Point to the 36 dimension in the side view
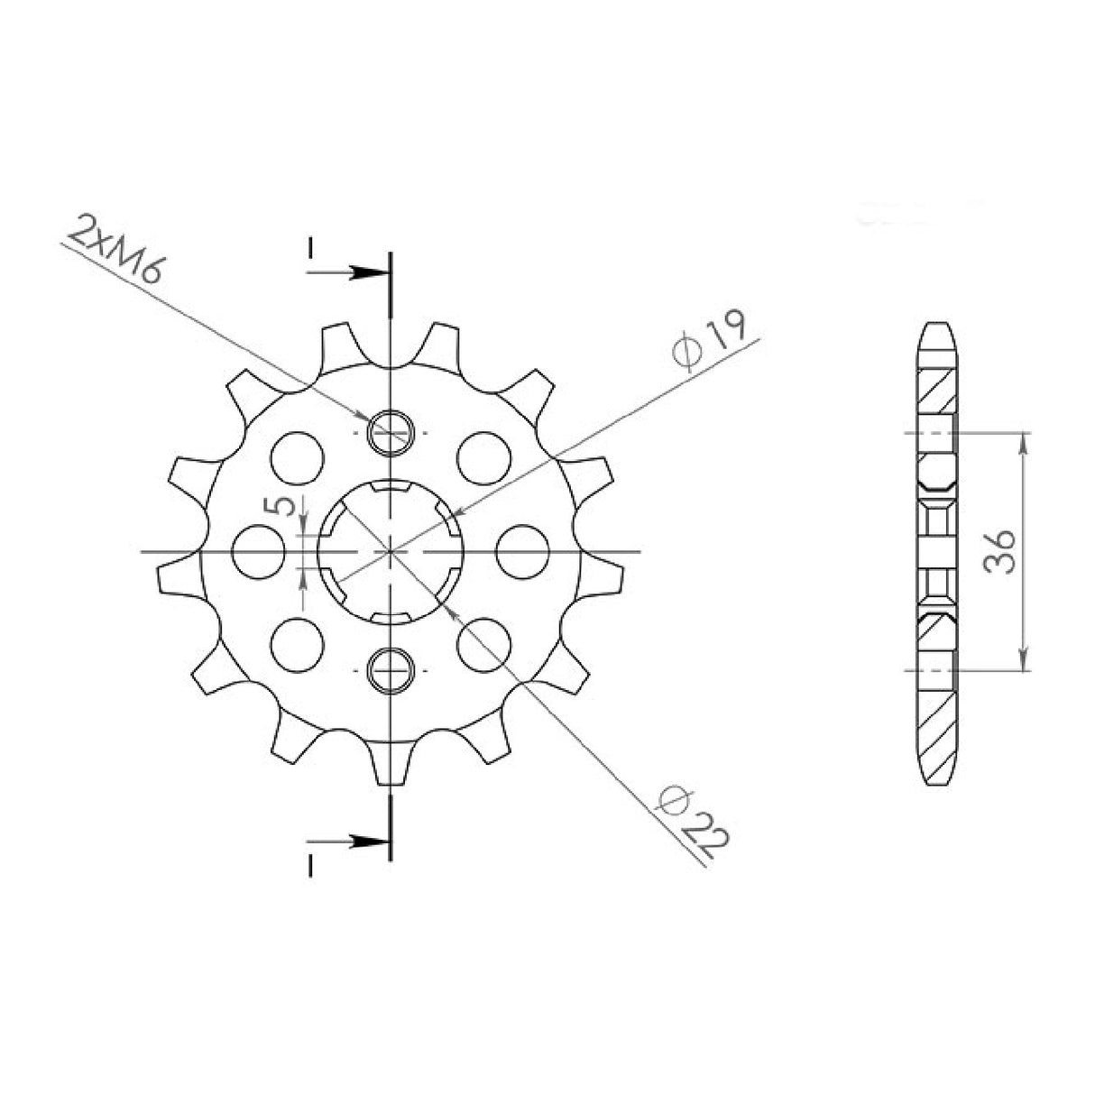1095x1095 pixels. coord(998,551)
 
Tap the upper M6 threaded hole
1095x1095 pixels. coord(391,432)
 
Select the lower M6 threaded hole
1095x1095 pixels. coord(391,669)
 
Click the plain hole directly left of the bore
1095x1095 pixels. coord(258,550)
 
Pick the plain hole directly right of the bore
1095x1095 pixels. coord(523,550)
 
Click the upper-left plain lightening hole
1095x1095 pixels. coord(297,456)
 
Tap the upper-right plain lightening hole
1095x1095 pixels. coord(483,456)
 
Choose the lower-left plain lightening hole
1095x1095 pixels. coord(297,644)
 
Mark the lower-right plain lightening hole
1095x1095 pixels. coord(483,644)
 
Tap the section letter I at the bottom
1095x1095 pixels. coord(309,866)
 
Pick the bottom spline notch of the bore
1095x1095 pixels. coord(391,615)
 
